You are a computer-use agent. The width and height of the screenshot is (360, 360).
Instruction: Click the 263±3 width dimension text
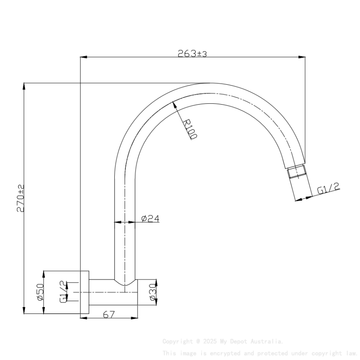pos(192,53)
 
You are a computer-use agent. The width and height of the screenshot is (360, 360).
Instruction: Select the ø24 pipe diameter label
pos(150,219)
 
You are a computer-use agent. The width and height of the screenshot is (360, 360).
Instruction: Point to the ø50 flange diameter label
pos(41,292)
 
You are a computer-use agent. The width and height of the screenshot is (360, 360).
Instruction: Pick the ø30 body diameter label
pos(153,292)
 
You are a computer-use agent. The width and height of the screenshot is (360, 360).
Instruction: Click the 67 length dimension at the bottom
pos(109,314)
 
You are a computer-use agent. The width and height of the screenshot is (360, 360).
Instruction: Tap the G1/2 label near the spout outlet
pos(329,189)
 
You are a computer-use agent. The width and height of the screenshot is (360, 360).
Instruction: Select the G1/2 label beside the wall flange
pos(63,292)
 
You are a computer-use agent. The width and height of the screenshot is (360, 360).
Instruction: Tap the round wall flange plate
pos(84,292)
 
